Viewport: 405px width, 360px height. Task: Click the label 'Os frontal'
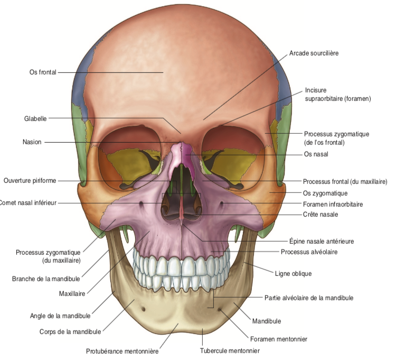point(43,72)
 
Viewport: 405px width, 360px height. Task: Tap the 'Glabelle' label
point(35,119)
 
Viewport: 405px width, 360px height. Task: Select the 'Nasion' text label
point(32,142)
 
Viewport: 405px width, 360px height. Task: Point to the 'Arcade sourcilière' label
point(314,53)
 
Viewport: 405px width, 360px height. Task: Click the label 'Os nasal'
point(316,154)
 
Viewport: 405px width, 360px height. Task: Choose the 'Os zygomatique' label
point(325,193)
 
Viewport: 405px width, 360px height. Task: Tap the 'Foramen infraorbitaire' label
point(333,204)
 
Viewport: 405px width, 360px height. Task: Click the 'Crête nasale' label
point(321,215)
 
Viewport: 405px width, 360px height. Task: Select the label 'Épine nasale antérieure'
point(322,241)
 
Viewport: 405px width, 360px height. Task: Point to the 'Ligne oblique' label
point(293,274)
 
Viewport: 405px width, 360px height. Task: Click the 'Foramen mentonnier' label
point(279,339)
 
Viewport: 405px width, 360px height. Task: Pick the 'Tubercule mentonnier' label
point(230,350)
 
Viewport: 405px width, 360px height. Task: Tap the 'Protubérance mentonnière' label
point(122,351)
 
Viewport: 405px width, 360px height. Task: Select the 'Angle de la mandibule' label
point(60,316)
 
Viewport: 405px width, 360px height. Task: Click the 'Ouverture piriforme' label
point(30,180)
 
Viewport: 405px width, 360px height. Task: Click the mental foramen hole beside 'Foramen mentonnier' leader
point(220,309)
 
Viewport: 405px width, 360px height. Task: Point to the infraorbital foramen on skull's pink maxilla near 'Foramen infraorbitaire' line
point(221,204)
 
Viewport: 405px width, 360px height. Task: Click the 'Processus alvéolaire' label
point(309,252)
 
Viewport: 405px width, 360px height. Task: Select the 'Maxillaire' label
point(72,293)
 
